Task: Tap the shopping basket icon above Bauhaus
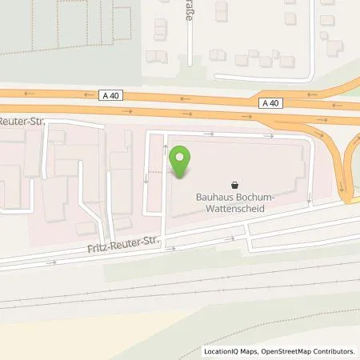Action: click(234, 183)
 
